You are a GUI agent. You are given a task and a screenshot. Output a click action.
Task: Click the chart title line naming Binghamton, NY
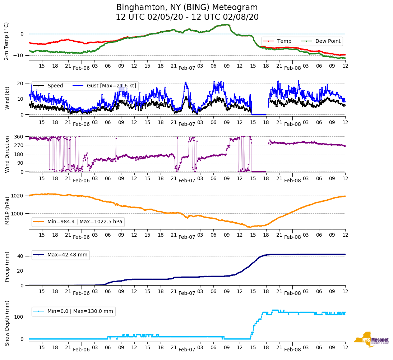187,8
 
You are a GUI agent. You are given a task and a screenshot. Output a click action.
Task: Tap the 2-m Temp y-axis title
6,41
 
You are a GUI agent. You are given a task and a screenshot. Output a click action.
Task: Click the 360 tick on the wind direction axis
19,137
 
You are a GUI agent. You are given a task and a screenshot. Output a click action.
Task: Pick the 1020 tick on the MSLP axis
18,196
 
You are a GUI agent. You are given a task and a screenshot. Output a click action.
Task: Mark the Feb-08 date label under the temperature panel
292,68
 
